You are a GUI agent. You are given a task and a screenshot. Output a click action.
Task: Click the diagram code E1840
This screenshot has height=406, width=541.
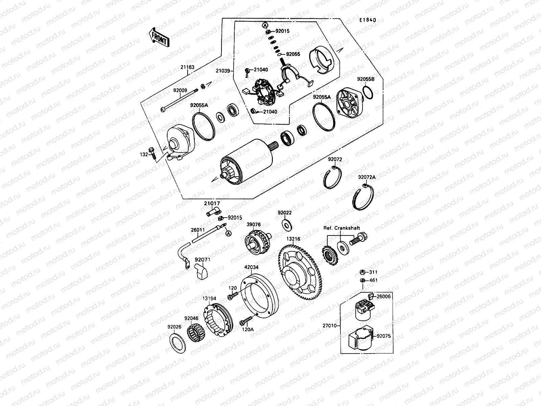368,20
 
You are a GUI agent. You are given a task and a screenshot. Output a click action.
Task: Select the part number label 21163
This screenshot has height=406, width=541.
187,67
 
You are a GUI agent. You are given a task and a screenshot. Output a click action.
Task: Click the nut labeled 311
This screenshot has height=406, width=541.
361,272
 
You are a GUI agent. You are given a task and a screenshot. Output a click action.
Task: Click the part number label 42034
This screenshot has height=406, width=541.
251,267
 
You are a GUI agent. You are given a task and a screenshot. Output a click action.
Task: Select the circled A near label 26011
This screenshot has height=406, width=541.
228,233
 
